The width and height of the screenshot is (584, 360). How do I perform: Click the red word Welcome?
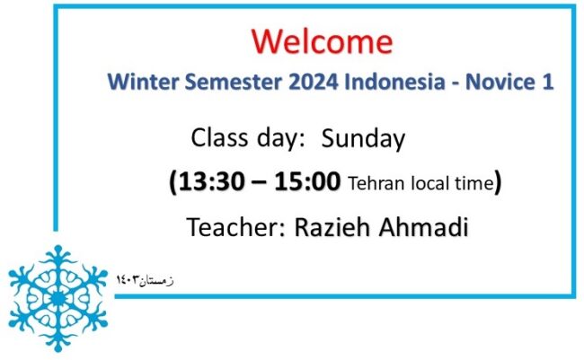[x=323, y=41]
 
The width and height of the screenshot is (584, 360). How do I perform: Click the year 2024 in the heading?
[x=314, y=82]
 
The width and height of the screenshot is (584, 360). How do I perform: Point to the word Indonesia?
[x=394, y=82]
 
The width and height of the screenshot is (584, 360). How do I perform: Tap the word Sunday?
[x=363, y=139]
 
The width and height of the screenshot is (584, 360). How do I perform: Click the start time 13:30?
[x=211, y=181]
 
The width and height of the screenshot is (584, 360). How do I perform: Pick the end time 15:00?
[x=307, y=181]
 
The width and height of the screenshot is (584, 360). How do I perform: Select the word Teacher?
[x=235, y=227]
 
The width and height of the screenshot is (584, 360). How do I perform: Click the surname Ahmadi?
[x=423, y=227]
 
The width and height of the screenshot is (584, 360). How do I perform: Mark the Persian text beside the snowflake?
[x=145, y=280]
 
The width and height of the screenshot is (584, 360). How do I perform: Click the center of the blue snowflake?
[x=58, y=298]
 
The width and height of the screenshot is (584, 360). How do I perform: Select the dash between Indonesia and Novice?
[x=456, y=83]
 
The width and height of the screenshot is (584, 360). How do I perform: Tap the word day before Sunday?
[x=279, y=139]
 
